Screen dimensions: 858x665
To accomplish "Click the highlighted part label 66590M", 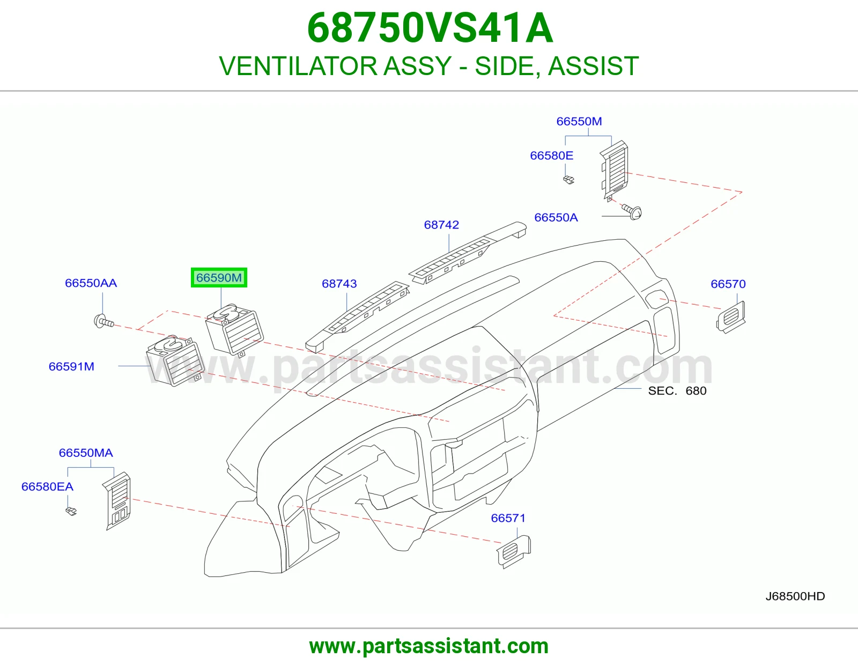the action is (x=219, y=278).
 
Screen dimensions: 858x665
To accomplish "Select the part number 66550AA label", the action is (x=91, y=283).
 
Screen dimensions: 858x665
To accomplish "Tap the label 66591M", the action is (x=71, y=366).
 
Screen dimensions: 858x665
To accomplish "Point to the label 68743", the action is (x=339, y=284).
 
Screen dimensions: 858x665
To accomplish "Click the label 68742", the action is (x=441, y=225).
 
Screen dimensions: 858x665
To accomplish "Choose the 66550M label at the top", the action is (x=579, y=121).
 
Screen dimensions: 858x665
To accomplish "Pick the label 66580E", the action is (x=552, y=156).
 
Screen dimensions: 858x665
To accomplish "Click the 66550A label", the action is (x=556, y=218).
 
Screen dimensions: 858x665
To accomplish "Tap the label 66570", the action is (x=728, y=284).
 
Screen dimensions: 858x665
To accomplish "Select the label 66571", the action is (x=508, y=518).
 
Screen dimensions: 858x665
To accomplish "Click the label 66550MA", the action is (x=86, y=453).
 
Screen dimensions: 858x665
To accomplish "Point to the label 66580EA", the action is (x=47, y=486).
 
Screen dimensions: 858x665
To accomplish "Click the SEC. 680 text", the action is (x=677, y=390).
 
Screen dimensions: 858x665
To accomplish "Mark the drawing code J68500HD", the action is (x=795, y=596).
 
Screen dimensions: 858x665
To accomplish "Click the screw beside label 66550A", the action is (x=632, y=211).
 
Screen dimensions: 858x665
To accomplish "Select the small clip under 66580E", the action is (x=568, y=180).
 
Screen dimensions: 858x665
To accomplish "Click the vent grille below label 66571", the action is (x=514, y=552).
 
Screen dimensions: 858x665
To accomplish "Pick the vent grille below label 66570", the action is (x=731, y=317).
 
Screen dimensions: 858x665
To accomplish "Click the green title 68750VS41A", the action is (x=430, y=28).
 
